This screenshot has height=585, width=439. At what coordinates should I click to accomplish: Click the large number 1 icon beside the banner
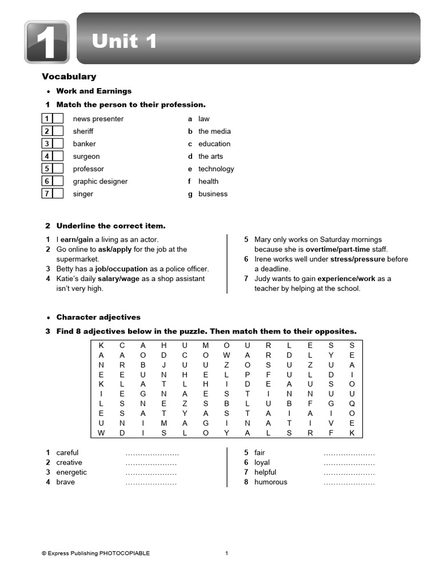[x=46, y=42]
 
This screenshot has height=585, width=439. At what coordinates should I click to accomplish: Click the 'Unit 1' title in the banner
[x=124, y=41]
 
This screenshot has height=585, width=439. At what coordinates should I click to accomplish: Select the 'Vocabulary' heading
[x=69, y=77]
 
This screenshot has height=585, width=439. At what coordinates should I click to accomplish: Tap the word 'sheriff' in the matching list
[x=83, y=131]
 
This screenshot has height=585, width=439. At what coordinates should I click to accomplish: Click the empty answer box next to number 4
[x=58, y=157]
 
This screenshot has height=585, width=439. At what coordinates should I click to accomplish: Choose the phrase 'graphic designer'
[x=100, y=182]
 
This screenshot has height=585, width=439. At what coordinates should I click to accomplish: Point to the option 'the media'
[x=214, y=131]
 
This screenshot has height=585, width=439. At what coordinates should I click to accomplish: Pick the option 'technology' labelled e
[x=216, y=169]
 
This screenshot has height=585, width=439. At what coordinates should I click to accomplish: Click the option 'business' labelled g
[x=213, y=194]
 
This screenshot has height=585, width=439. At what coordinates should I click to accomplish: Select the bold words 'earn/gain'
[x=77, y=240]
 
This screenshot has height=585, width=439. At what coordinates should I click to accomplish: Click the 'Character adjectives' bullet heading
[x=98, y=318]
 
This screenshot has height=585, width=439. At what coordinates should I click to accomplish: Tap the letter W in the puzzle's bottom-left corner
[x=101, y=433]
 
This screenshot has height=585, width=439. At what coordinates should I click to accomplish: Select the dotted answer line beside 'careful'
[x=151, y=453]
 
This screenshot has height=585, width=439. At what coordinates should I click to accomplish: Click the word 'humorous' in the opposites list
[x=270, y=482]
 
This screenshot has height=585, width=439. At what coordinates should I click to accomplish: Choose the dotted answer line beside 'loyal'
[x=349, y=463]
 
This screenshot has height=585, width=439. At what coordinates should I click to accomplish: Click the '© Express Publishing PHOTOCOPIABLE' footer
[x=95, y=553]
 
